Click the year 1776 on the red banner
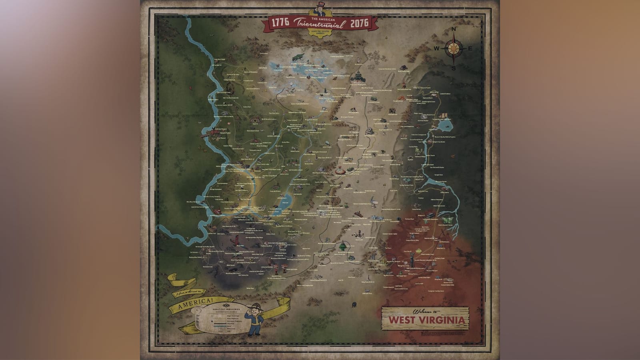coord(280,23)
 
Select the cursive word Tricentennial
coord(319,23)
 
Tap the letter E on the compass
coord(470,49)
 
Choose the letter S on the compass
coord(454,68)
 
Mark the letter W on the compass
coord(437,49)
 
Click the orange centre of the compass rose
coord(454,48)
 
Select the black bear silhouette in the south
coord(354,305)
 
